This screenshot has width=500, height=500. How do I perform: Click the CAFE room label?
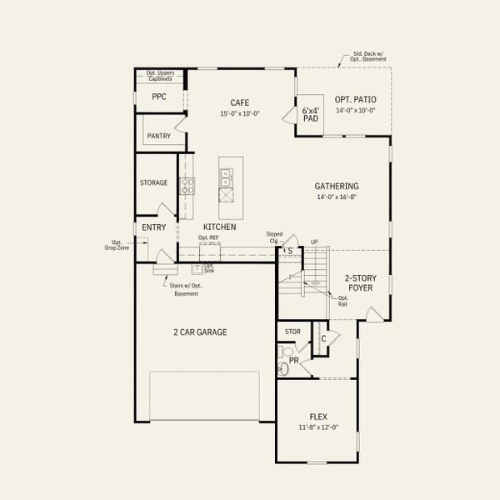coord(240,102)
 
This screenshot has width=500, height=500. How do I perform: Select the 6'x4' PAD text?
coord(311,114)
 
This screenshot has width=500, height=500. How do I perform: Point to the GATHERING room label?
coord(336,187)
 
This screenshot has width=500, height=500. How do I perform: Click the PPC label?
coord(158,97)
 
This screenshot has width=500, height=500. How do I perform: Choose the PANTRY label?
coord(158,136)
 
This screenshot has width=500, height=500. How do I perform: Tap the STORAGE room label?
coord(153,182)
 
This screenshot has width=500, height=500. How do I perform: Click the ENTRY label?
coord(153,227)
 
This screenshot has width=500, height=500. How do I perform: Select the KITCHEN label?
coord(220,227)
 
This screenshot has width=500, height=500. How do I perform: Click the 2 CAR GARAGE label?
coord(200,332)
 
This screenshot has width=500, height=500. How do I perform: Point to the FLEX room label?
coord(317,416)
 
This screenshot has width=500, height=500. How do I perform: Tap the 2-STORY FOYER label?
coord(359,283)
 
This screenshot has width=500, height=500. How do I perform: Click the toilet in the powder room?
coord(284,367)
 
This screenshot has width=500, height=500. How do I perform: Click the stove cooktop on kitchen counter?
coord(187,186)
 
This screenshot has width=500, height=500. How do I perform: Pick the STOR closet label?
coord(292,331)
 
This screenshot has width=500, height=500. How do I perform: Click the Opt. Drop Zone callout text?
coord(117,245)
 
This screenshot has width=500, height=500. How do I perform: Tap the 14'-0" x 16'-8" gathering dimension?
coord(336,198)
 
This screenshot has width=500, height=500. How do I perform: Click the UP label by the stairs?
coord(313,242)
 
